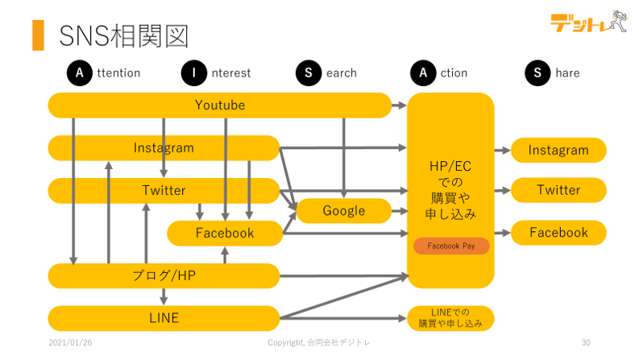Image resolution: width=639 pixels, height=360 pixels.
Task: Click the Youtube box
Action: click(x=219, y=106)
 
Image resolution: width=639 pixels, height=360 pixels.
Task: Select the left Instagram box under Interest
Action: click(x=164, y=148)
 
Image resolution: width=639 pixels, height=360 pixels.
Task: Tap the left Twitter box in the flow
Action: click(x=164, y=191)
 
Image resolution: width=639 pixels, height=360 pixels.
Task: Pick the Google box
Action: click(x=343, y=211)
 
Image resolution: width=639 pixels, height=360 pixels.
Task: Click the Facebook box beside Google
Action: click(x=224, y=234)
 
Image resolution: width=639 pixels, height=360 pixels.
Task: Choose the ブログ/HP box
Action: click(x=164, y=275)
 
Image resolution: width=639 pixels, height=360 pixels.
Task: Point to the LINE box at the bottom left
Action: click(x=164, y=318)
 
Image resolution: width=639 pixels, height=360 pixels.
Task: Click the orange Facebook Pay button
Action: click(x=451, y=246)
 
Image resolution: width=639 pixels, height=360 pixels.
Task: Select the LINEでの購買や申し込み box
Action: click(x=450, y=318)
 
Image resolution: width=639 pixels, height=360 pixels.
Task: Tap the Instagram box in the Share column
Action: click(x=558, y=151)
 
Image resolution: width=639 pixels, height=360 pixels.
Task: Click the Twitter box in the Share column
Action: click(x=558, y=191)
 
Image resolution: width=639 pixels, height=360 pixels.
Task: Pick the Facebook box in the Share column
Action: click(x=558, y=233)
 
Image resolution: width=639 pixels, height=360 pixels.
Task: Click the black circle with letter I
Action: click(x=193, y=73)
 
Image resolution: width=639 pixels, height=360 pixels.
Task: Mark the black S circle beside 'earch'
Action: click(x=309, y=73)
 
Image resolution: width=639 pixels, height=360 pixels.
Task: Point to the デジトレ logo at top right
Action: click(x=587, y=23)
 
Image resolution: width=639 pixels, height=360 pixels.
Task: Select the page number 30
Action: click(x=586, y=342)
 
